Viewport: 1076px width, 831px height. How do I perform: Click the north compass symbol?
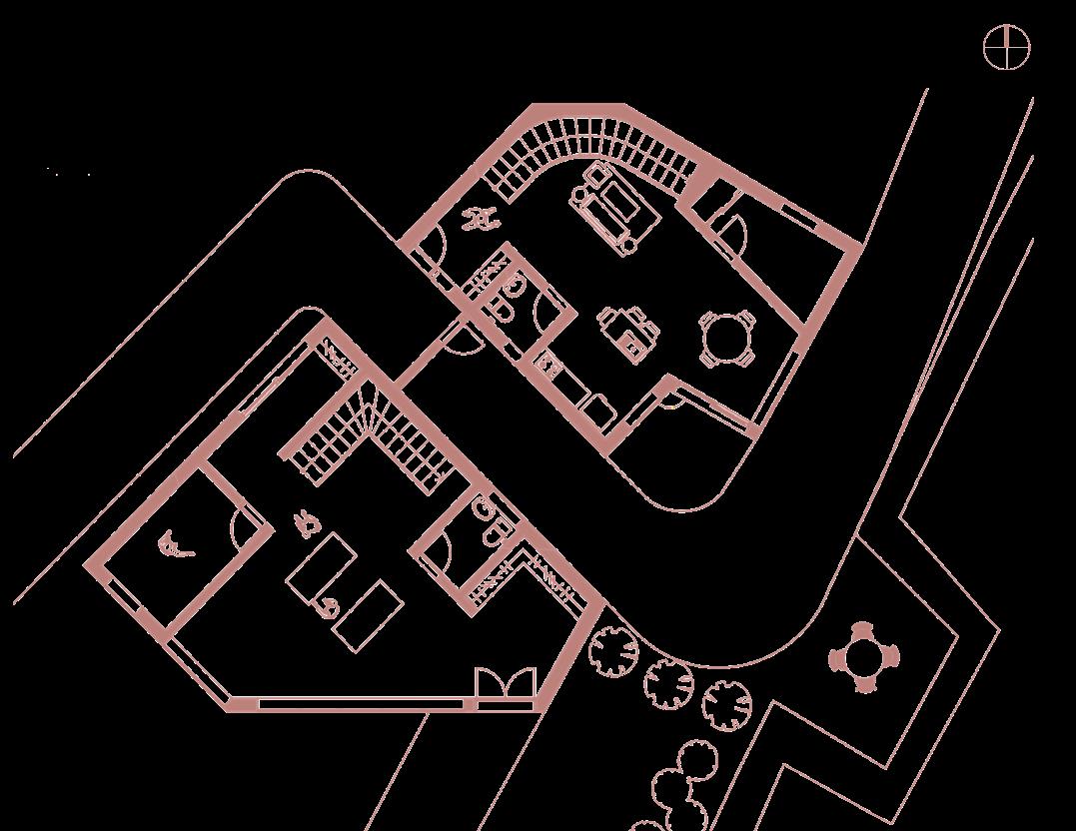pos(1006,49)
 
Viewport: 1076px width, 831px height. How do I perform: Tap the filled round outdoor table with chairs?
pos(863,658)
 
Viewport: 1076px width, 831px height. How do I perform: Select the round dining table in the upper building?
pos(726,340)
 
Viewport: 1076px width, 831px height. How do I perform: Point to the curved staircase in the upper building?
pos(589,150)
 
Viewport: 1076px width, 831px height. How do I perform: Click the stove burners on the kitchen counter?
pos(546,364)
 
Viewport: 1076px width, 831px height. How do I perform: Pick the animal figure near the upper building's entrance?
pos(482,217)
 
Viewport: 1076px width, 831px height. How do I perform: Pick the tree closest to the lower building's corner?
pos(613,653)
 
